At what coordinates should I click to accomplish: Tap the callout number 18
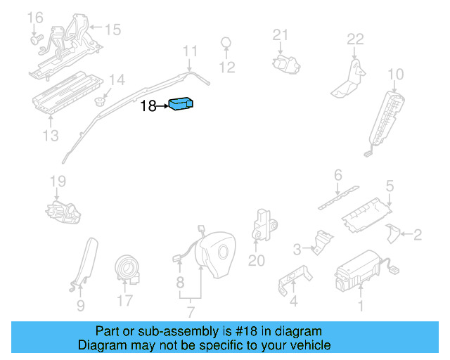click(148, 106)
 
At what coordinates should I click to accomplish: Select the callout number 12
click(226, 67)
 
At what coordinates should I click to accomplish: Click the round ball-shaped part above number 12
click(226, 41)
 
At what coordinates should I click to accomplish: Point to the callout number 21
click(281, 35)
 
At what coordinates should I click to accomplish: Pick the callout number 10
click(396, 74)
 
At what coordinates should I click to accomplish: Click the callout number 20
click(257, 260)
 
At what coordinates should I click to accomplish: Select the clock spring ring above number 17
click(127, 267)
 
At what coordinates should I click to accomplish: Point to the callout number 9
click(80, 305)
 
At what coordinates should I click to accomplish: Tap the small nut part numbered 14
click(101, 101)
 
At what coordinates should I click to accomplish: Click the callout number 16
click(34, 16)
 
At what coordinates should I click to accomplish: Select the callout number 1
click(361, 305)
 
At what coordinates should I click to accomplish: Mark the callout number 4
click(294, 302)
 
